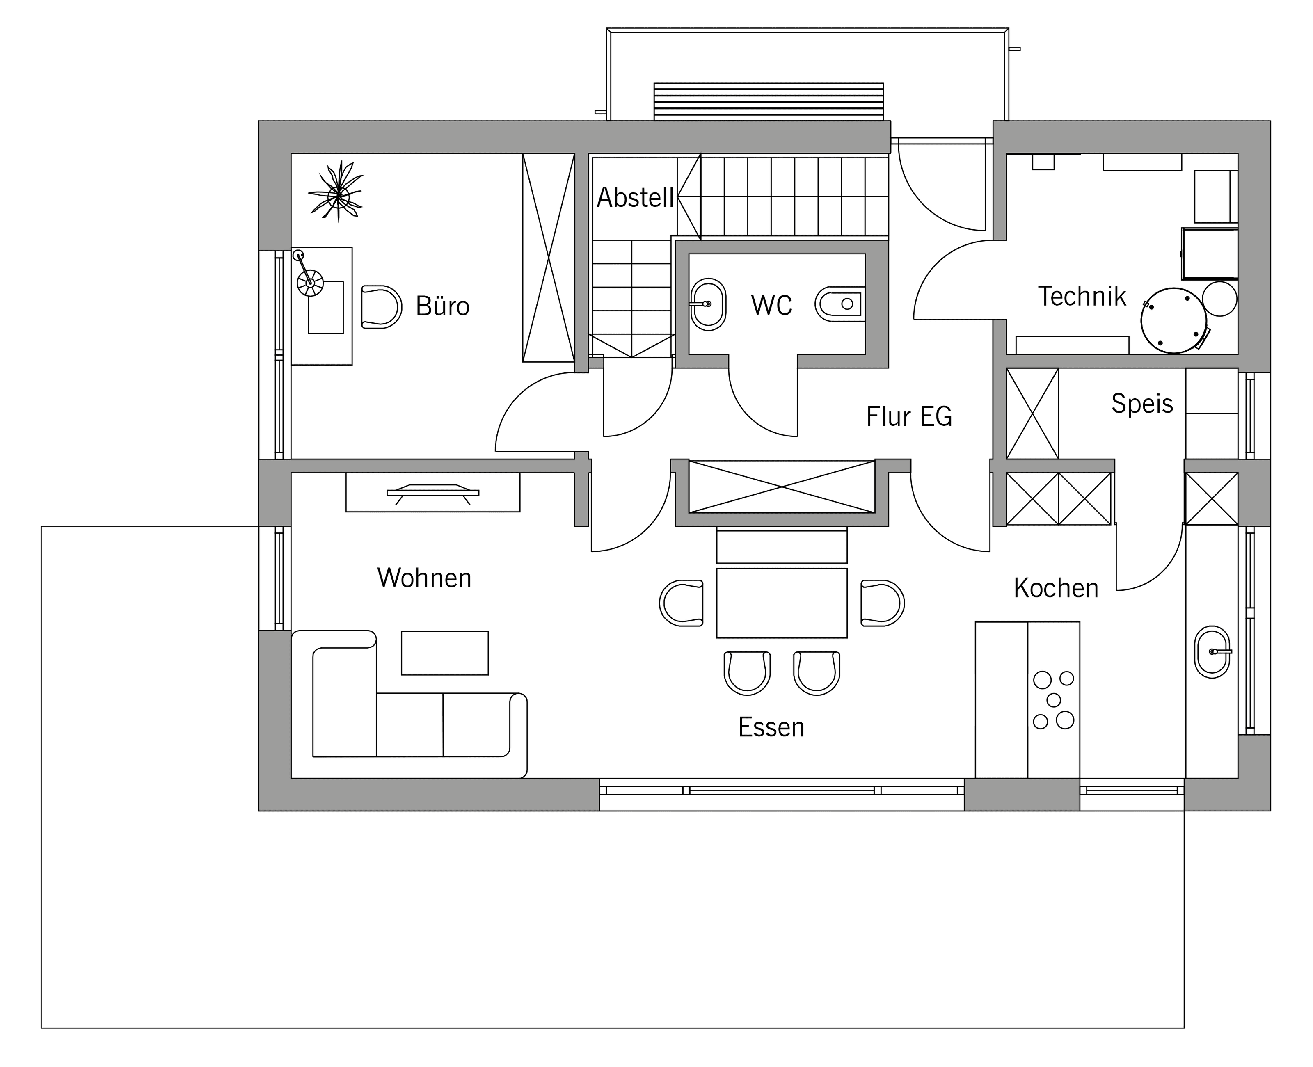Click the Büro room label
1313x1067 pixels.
pyautogui.click(x=443, y=306)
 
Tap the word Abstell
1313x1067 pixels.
pyautogui.click(x=636, y=197)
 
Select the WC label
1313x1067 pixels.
pyautogui.click(x=771, y=306)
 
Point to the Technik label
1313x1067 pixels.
pyautogui.click(x=1082, y=296)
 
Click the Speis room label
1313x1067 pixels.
pyautogui.click(x=1142, y=404)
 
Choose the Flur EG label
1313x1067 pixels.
pyautogui.click(x=909, y=417)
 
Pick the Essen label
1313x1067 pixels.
pyautogui.click(x=771, y=727)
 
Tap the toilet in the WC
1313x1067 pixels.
pyautogui.click(x=838, y=304)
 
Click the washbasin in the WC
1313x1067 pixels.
pyautogui.click(x=708, y=304)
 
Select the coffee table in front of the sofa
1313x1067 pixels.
pyautogui.click(x=444, y=653)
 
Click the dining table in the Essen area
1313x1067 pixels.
pyautogui.click(x=781, y=603)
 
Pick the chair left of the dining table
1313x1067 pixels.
pyautogui.click(x=681, y=603)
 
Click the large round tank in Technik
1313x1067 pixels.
pyautogui.click(x=1173, y=321)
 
